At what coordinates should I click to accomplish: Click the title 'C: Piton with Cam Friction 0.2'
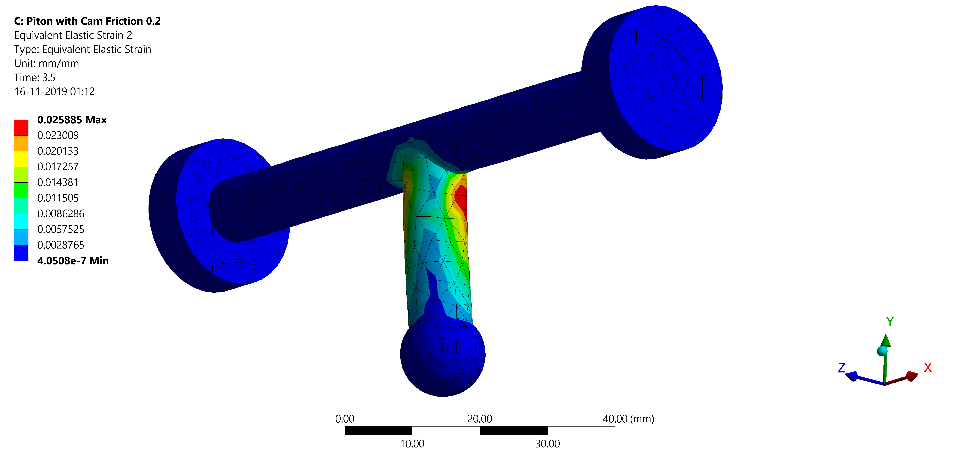pos(87,21)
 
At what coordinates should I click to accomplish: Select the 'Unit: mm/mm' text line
pos(47,64)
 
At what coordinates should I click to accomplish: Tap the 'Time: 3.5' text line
pos(35,78)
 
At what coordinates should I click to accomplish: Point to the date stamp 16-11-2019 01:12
pos(54,92)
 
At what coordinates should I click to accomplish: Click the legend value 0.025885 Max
pos(72,120)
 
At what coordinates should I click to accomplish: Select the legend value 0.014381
pos(58,182)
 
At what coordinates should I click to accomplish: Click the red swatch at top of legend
pos(21,127)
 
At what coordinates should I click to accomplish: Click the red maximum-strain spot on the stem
pos(461,199)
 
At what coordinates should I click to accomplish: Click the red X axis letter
pos(928,368)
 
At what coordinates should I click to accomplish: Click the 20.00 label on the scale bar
pos(480,419)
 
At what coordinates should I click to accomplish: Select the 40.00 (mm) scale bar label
pos(628,419)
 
